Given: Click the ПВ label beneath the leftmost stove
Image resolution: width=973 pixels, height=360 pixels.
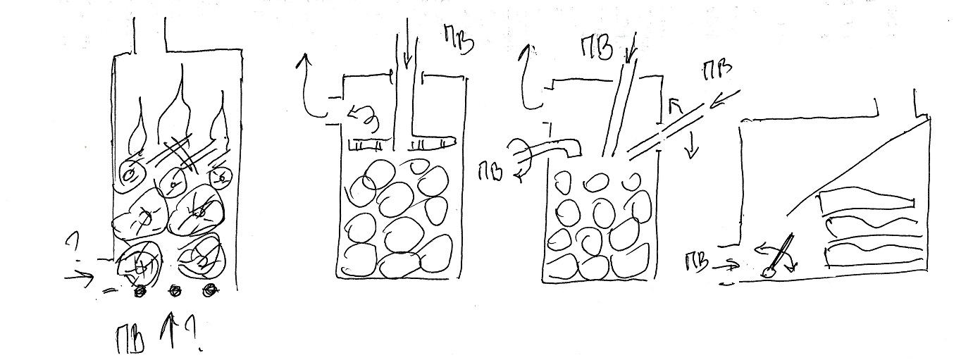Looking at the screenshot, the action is (130, 339).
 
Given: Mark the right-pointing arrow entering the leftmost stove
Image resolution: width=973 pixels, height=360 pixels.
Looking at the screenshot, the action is (79, 278).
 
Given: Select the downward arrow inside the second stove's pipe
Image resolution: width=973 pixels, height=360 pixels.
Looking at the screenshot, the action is (407, 48).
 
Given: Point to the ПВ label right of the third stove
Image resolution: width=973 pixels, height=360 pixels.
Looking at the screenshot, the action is (717, 70).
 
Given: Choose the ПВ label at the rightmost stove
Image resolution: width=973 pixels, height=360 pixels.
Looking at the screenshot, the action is (696, 263).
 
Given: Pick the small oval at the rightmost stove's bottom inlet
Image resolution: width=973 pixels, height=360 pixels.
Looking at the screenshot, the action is (768, 272).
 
